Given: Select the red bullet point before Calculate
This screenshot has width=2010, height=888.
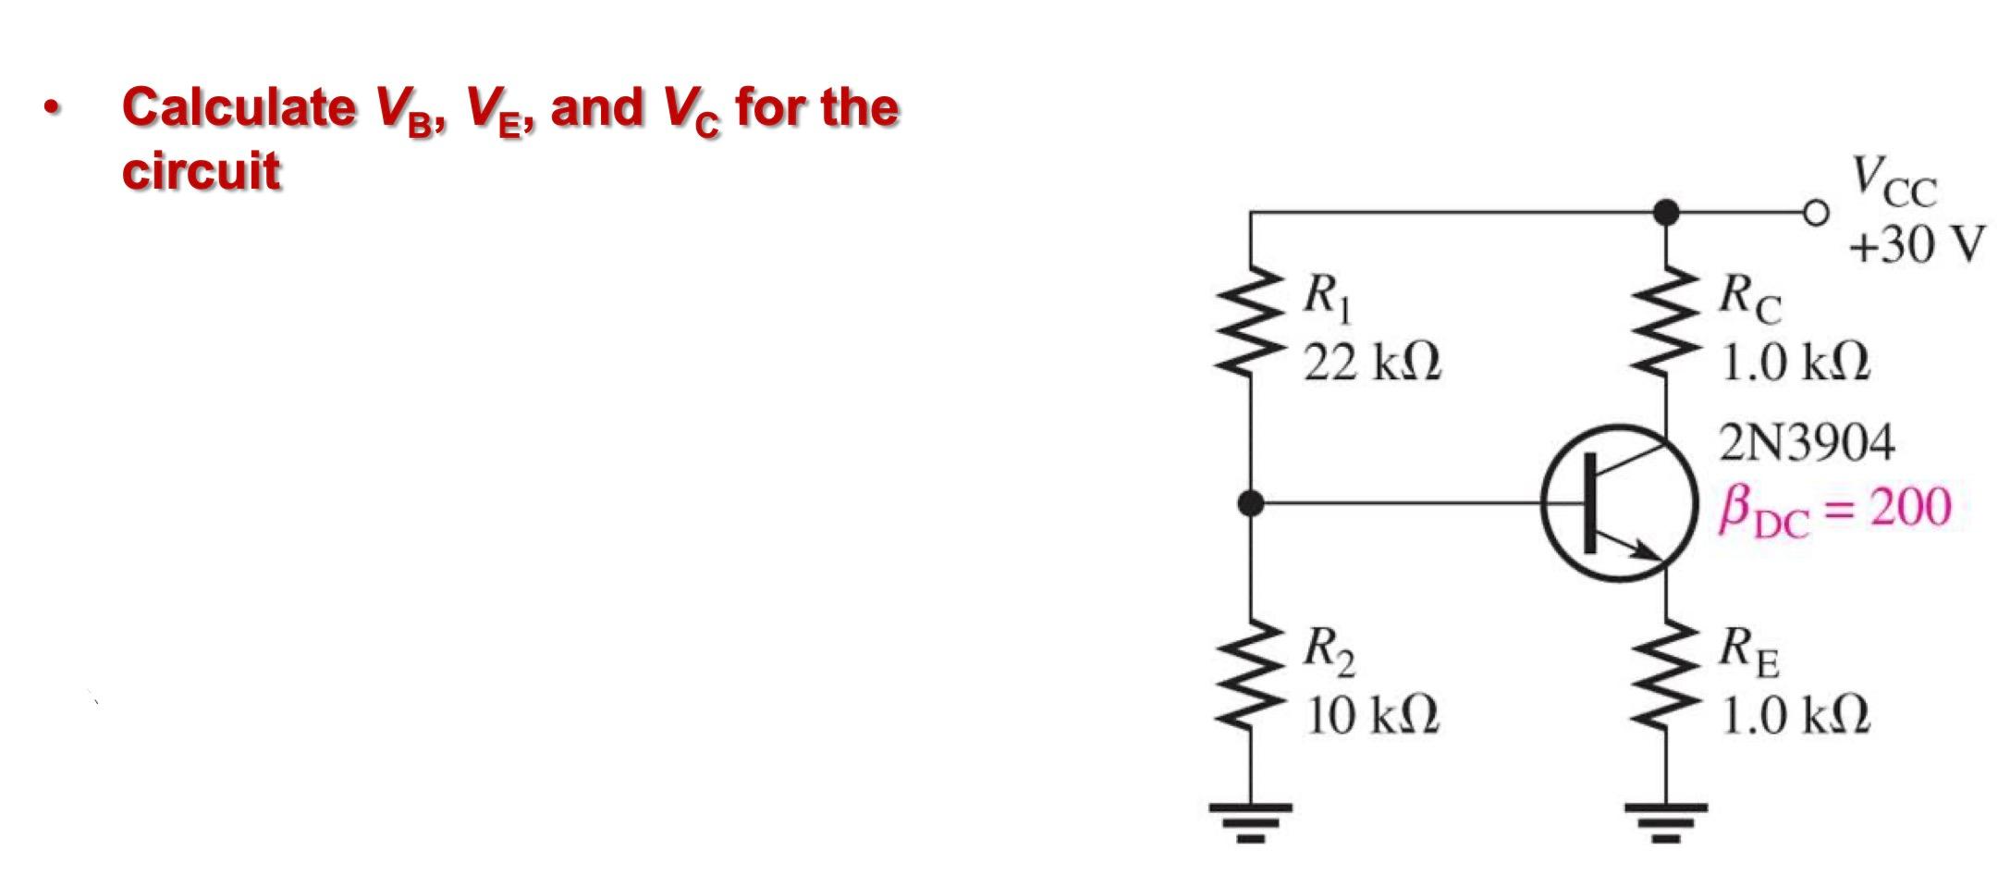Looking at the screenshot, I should coord(53,108).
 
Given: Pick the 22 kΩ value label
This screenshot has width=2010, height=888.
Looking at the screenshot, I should coord(1372,364).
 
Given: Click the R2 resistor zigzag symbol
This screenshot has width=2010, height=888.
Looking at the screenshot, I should coord(1250,675).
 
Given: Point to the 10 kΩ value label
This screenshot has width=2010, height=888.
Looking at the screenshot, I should coord(1372,715).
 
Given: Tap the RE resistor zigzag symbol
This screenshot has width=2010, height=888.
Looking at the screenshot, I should coord(1666,675).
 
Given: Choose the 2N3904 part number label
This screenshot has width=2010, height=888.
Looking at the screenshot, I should coord(1806,443).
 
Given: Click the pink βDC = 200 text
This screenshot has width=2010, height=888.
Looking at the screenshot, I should coord(1834,510).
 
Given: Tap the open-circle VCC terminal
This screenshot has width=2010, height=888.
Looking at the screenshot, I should coord(1816,214).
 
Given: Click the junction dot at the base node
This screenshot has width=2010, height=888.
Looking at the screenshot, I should coord(1250,503).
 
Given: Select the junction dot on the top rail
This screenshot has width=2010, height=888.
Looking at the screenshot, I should coord(1666,214).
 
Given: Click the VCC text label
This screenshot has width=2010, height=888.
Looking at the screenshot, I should coord(1893,182).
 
